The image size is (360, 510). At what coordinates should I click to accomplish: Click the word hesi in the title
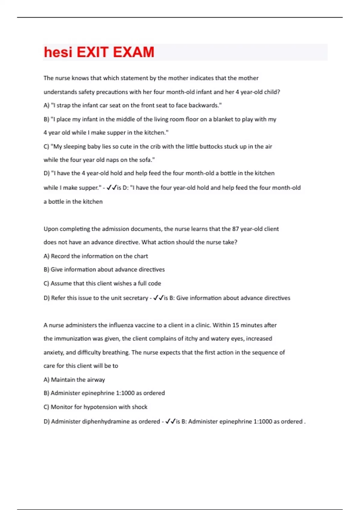point(58,52)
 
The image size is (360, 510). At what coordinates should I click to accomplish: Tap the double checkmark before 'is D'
point(111,187)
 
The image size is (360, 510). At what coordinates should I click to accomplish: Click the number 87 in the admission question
point(235,229)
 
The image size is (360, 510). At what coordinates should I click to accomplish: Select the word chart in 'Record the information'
point(141,256)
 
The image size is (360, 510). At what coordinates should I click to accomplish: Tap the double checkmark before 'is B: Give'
point(158,298)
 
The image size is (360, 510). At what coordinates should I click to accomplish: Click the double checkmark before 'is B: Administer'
point(170,421)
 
